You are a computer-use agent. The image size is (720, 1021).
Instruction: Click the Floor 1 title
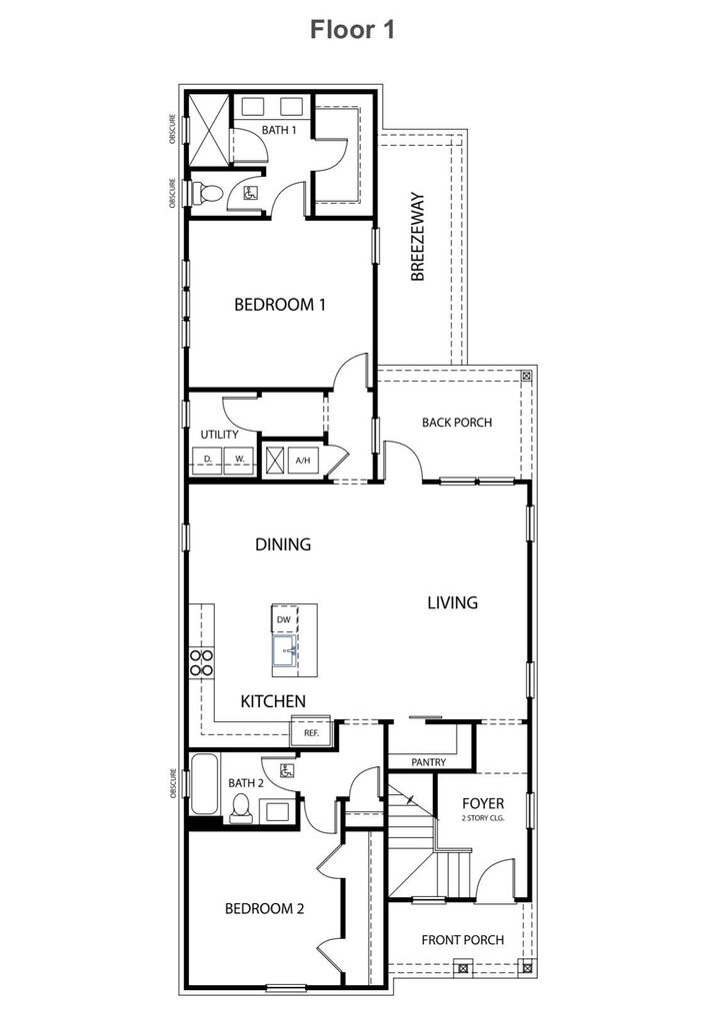[353, 30]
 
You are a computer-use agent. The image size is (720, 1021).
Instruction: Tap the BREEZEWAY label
[418, 237]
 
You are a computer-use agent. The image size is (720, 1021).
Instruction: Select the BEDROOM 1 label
[280, 305]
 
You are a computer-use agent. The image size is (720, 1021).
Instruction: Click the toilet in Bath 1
[206, 194]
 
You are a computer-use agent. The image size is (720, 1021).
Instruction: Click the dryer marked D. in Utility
[208, 459]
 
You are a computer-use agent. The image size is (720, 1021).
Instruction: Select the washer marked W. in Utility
[240, 459]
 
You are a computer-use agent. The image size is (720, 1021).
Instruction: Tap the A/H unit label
[303, 461]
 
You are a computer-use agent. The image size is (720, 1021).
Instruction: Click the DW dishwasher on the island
[284, 619]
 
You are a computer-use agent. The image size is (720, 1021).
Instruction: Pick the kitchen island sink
[284, 652]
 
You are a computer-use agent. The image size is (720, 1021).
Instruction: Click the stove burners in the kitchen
[202, 663]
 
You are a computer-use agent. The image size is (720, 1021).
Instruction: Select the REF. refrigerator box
[304, 732]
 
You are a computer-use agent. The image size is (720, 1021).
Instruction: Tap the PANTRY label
[429, 762]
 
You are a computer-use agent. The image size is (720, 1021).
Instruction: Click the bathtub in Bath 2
[205, 786]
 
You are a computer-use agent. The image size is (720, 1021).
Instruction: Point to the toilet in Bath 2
[240, 808]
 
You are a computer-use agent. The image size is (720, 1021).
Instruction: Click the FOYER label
[483, 804]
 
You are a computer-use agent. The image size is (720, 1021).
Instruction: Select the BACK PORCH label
[457, 422]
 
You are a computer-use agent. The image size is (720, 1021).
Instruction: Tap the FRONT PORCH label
[462, 939]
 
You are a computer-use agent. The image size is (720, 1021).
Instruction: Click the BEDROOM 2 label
[264, 908]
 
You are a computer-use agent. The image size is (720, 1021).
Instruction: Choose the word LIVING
[453, 602]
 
